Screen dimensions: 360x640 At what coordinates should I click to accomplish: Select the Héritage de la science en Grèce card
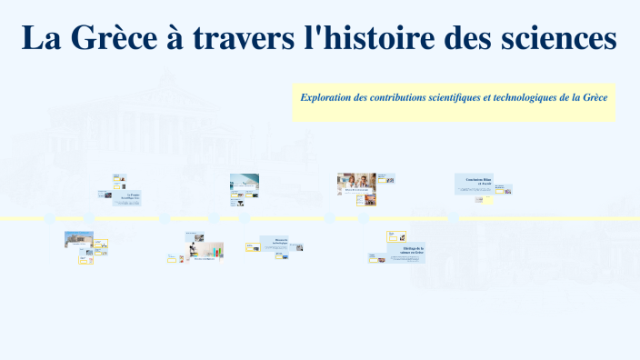tap(406, 252)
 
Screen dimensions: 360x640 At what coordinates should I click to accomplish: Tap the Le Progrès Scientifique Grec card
tap(127, 197)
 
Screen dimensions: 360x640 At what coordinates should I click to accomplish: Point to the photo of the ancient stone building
tap(78, 239)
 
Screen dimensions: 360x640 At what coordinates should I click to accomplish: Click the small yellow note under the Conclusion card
tap(489, 200)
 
